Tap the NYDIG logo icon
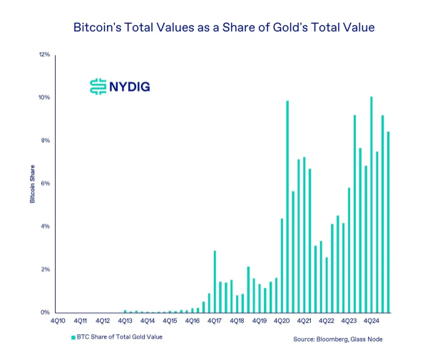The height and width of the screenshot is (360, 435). coord(98,87)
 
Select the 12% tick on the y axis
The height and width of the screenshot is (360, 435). coord(43,55)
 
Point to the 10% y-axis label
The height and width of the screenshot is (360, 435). coord(43,98)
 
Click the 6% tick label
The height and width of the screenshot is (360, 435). coord(45,184)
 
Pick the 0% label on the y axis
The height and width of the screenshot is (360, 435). coord(45,312)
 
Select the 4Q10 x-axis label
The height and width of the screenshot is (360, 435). coord(58,322)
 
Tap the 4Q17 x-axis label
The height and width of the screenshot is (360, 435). coord(214,322)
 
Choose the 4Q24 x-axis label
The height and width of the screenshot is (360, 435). coord(371,322)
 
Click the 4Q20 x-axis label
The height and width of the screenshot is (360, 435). coord(281,322)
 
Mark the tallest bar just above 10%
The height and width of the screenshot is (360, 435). coord(371,207)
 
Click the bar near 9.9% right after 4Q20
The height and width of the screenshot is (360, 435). coord(287,207)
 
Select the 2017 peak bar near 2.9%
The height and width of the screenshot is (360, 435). coord(215,282)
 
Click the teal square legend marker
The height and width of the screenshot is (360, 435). coord(72,336)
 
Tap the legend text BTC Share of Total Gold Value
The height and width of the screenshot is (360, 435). coord(120,336)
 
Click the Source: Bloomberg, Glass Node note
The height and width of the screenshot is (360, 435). coord(338,339)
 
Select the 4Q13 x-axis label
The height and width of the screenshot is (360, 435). coord(125,322)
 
